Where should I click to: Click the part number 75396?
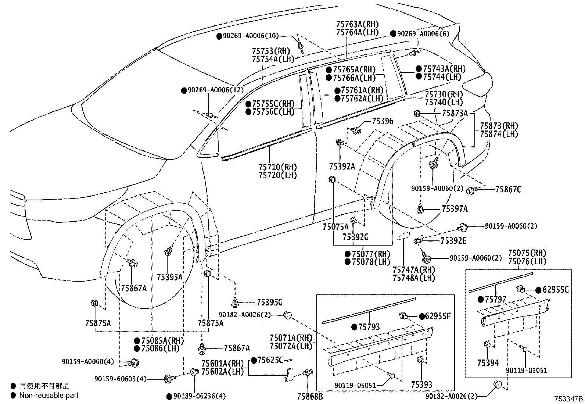click(x=382, y=121)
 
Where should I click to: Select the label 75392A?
click(x=342, y=167)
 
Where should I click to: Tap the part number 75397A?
click(x=455, y=209)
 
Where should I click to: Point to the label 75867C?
click(x=508, y=189)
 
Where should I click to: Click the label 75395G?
click(x=270, y=302)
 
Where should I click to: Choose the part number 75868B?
click(x=310, y=396)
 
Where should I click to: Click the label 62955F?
click(x=438, y=316)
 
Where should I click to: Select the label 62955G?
click(x=556, y=290)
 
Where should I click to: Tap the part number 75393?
click(x=421, y=385)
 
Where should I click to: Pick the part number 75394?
click(x=488, y=363)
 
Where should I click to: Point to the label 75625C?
click(x=270, y=360)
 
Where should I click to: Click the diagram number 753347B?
click(x=568, y=399)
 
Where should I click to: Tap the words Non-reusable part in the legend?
click(x=49, y=396)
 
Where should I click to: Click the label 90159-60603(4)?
click(x=121, y=379)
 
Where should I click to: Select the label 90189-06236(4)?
click(x=200, y=396)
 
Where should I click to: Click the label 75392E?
click(x=453, y=241)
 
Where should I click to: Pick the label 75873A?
click(x=455, y=113)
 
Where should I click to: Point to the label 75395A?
click(x=169, y=277)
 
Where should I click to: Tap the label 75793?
click(x=369, y=327)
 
